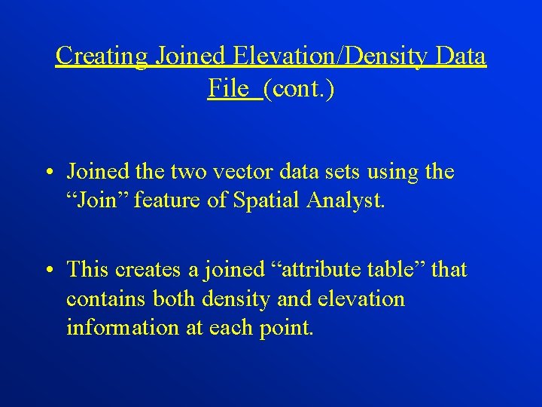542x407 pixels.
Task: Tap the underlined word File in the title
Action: [228, 89]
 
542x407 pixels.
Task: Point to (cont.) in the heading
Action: [299, 89]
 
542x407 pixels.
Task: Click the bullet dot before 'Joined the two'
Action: [47, 173]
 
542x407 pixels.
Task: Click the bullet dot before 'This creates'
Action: [47, 270]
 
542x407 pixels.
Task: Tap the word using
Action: [396, 172]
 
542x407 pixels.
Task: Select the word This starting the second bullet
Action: [88, 269]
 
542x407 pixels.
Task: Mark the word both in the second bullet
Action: [173, 299]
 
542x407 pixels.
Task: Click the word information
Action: [118, 329]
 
